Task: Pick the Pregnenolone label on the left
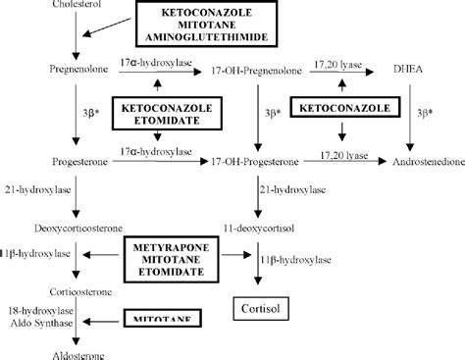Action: click(75, 72)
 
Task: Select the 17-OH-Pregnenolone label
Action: click(257, 72)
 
